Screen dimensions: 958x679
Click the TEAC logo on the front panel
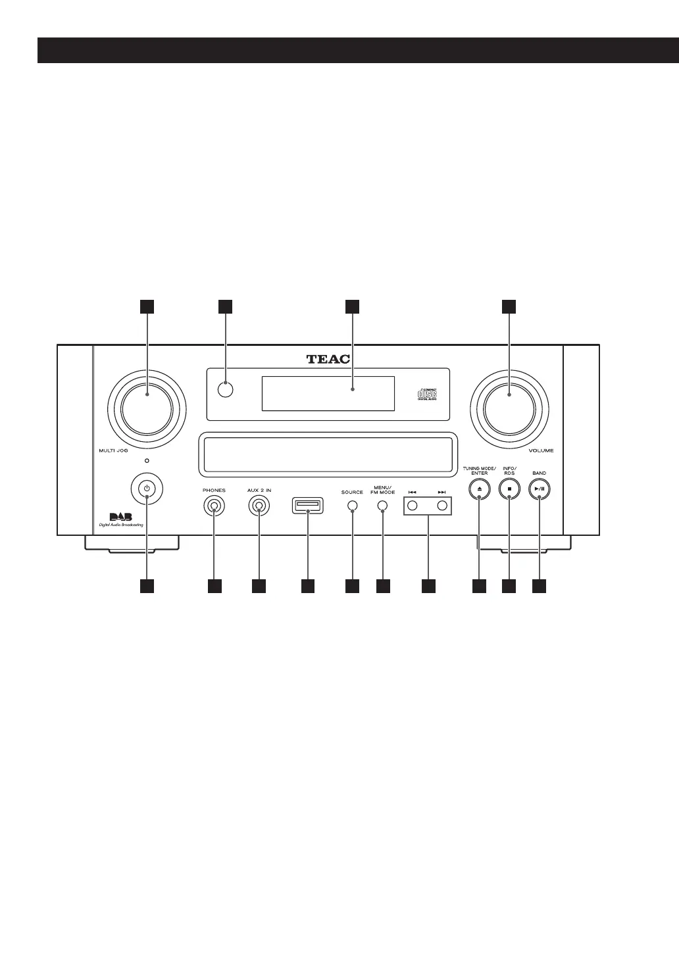328,359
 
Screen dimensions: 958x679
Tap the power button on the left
147,489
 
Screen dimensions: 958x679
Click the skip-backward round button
413,506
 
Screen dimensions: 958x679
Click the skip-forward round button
442,506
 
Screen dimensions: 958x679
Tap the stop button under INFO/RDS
509,489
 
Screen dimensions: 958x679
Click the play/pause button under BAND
539,489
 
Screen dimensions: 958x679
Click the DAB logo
116,516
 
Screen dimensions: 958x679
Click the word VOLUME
541,451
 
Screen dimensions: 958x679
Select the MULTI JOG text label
109,451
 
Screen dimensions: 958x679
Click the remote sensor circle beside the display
226,389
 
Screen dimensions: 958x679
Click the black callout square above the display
353,306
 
